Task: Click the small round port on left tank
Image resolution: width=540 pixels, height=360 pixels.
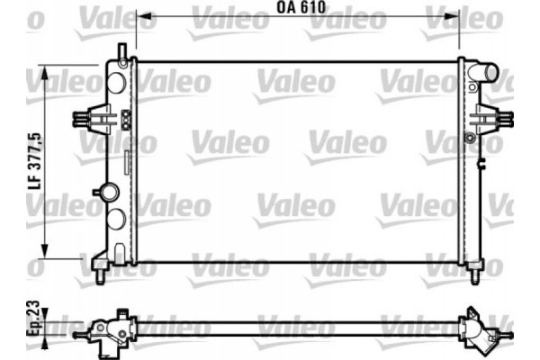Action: pos(109,192)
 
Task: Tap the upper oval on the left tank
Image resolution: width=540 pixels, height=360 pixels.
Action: pos(115,82)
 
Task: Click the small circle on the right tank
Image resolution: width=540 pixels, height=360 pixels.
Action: pos(469,138)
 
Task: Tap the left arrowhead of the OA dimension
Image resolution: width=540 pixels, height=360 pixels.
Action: pos(140,16)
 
